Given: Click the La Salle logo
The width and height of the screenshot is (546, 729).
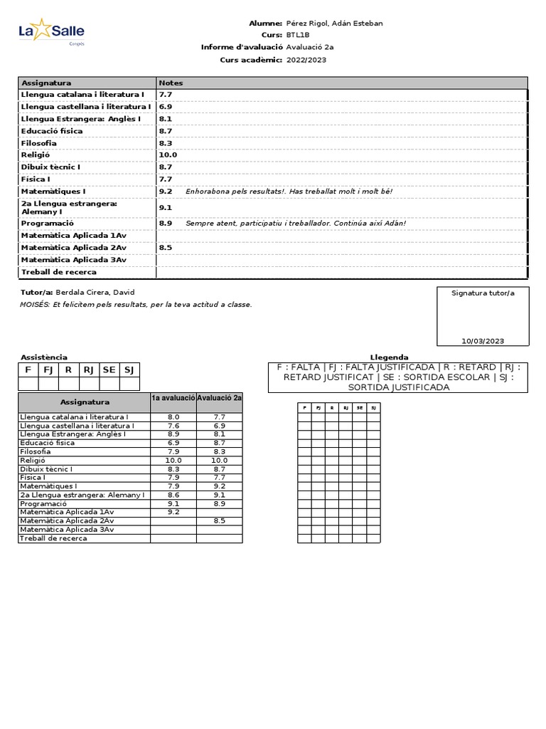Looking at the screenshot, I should coord(50,31).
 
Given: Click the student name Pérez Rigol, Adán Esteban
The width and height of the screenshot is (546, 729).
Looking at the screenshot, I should coord(333,23).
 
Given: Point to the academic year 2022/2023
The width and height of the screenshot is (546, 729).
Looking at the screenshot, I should coord(306,60).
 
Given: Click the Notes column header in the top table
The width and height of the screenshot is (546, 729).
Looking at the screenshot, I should coord(171,83).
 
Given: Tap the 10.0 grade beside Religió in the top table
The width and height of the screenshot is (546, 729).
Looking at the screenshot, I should coord(168,154).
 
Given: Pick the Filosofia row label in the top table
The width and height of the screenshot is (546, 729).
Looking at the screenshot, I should coord(39,143).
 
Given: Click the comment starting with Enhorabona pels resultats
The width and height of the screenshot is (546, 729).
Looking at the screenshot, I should coord(289,192).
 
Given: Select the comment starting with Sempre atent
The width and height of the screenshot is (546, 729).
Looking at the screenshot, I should coord(296,223).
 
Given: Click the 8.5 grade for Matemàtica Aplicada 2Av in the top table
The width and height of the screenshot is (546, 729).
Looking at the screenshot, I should coord(166,248).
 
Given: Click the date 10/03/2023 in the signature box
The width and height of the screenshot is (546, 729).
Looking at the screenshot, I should coord(483,341).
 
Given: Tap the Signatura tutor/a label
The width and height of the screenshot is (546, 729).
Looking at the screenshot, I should coord(483,293).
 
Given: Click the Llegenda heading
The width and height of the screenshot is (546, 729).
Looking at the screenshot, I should coord(389,357).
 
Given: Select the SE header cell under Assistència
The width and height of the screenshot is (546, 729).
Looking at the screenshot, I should coord(109,369).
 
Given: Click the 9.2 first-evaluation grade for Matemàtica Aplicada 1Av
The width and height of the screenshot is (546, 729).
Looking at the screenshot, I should coord(173,512).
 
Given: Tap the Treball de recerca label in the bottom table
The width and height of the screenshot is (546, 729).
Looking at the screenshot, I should coord(54,538).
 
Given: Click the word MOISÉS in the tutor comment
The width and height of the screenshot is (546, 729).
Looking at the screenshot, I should coord(35,305).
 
